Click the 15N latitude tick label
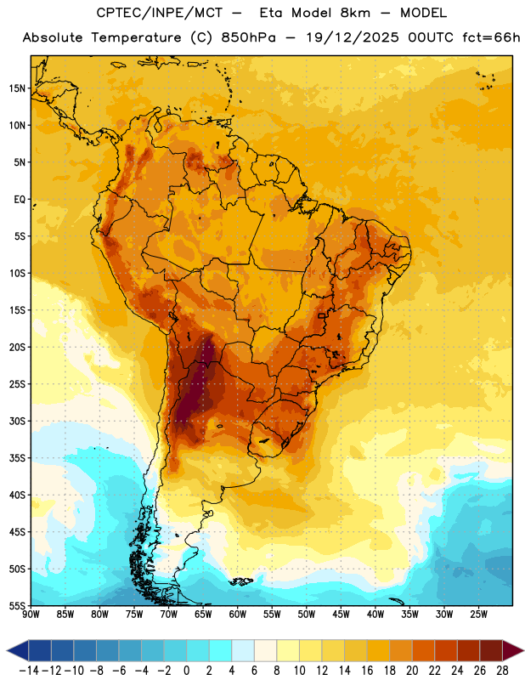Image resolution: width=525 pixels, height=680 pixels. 17,88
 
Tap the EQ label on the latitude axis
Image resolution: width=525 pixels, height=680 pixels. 20,200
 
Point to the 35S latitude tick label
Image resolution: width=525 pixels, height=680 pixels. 17,458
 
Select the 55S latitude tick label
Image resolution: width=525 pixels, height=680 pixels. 17,606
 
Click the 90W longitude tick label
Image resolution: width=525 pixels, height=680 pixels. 31,615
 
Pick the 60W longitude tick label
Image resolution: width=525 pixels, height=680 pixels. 238,615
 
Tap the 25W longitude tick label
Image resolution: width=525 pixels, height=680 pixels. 478,615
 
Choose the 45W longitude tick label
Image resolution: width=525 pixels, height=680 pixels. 341,615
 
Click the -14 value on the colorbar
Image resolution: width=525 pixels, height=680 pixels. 29,671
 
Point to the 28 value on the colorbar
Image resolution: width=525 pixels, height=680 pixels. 502,671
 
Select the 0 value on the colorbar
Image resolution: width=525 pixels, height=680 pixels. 186,671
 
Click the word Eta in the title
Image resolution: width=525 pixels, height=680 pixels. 271,13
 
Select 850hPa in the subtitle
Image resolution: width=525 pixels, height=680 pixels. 248,37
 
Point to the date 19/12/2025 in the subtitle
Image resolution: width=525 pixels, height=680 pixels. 353,37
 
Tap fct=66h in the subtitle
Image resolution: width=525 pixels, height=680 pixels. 491,37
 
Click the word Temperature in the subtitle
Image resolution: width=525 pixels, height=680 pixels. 136,37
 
